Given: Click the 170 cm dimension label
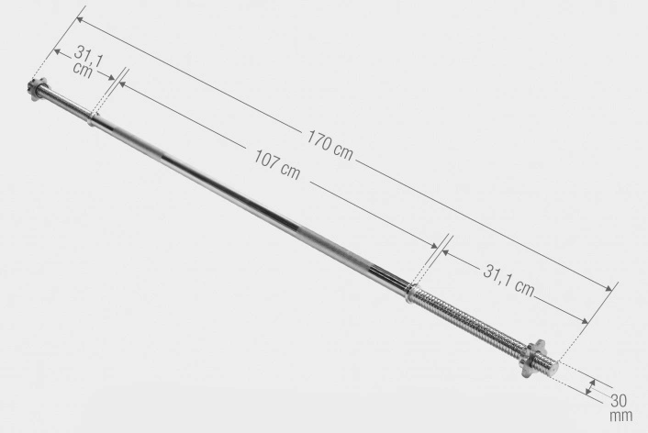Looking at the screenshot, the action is click(330, 145).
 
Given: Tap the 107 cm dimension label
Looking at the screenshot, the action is click(276, 164).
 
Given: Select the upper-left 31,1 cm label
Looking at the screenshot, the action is click(87, 61).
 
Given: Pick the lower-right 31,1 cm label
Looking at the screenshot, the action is click(508, 280).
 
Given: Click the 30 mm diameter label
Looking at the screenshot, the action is click(620, 407).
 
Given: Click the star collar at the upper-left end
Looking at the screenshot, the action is click(38, 89).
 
